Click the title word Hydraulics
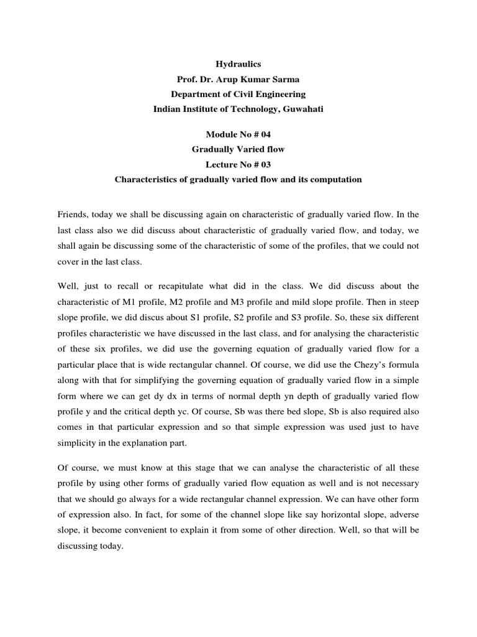(x=238, y=63)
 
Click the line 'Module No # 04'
(x=238, y=134)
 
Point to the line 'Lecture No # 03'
(x=238, y=165)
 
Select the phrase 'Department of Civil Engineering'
(x=238, y=94)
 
